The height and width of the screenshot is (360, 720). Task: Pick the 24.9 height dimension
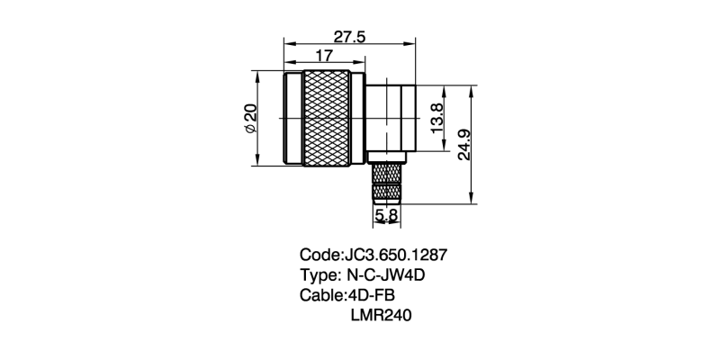463,144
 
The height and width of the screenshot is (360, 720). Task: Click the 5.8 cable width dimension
387,216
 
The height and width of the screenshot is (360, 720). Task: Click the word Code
319,255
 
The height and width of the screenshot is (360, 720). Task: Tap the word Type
319,275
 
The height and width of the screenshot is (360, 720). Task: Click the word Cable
320,296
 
